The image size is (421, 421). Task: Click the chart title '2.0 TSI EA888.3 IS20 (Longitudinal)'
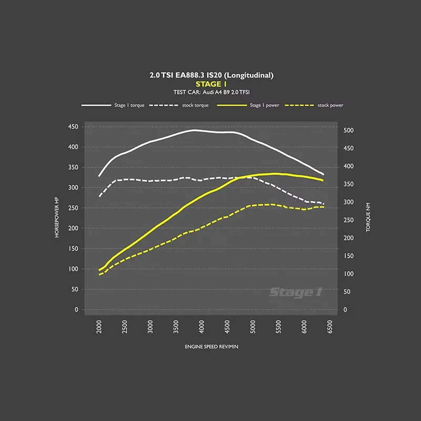[x=211, y=75]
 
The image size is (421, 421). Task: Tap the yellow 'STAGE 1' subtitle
[x=211, y=84]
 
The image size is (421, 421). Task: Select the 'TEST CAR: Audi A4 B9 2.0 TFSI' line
[x=211, y=92]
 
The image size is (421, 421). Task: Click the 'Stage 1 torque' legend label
[x=127, y=105]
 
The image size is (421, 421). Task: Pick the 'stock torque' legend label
[x=195, y=105]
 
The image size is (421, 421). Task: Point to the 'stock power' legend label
[x=330, y=105]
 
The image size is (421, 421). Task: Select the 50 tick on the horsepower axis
[x=74, y=289]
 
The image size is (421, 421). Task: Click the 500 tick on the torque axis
[x=348, y=131]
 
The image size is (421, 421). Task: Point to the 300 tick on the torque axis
[x=348, y=203]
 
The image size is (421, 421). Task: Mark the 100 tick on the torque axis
[x=348, y=274]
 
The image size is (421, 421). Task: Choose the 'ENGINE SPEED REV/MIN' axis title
[x=211, y=347]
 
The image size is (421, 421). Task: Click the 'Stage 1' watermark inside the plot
[x=295, y=292]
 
